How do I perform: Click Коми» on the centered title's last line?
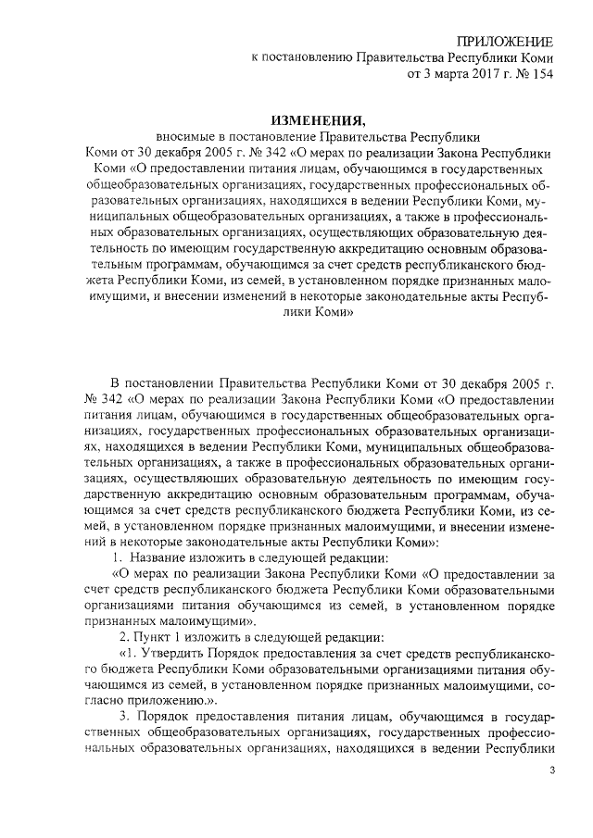324,313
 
